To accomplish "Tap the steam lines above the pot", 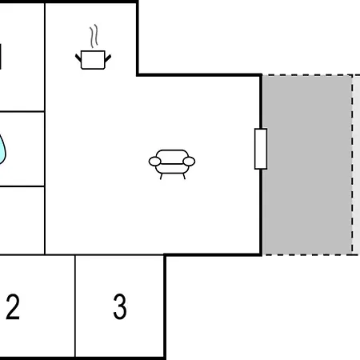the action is click(x=94, y=36).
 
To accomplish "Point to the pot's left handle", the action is click(x=78, y=58).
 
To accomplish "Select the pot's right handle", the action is click(x=108, y=58).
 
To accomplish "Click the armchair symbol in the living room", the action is click(x=172, y=164).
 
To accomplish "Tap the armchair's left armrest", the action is click(x=154, y=162).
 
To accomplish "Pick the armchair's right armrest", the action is click(x=189, y=162).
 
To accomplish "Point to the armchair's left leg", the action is click(x=161, y=176).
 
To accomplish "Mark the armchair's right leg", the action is click(x=184, y=176).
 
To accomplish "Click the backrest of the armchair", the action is click(x=172, y=157).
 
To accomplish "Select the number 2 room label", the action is click(x=13, y=306).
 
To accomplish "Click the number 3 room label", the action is click(x=120, y=306).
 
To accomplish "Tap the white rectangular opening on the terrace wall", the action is click(x=261, y=149).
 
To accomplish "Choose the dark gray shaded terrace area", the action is click(x=307, y=165).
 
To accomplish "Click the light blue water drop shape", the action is click(x=2, y=150).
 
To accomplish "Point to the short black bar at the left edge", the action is click(x=1, y=57).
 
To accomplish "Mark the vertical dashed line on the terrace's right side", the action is click(x=352, y=165).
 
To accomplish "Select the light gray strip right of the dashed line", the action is click(x=357, y=165).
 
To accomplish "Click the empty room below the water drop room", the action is click(x=22, y=221).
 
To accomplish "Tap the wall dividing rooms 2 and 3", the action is click(x=75, y=306).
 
